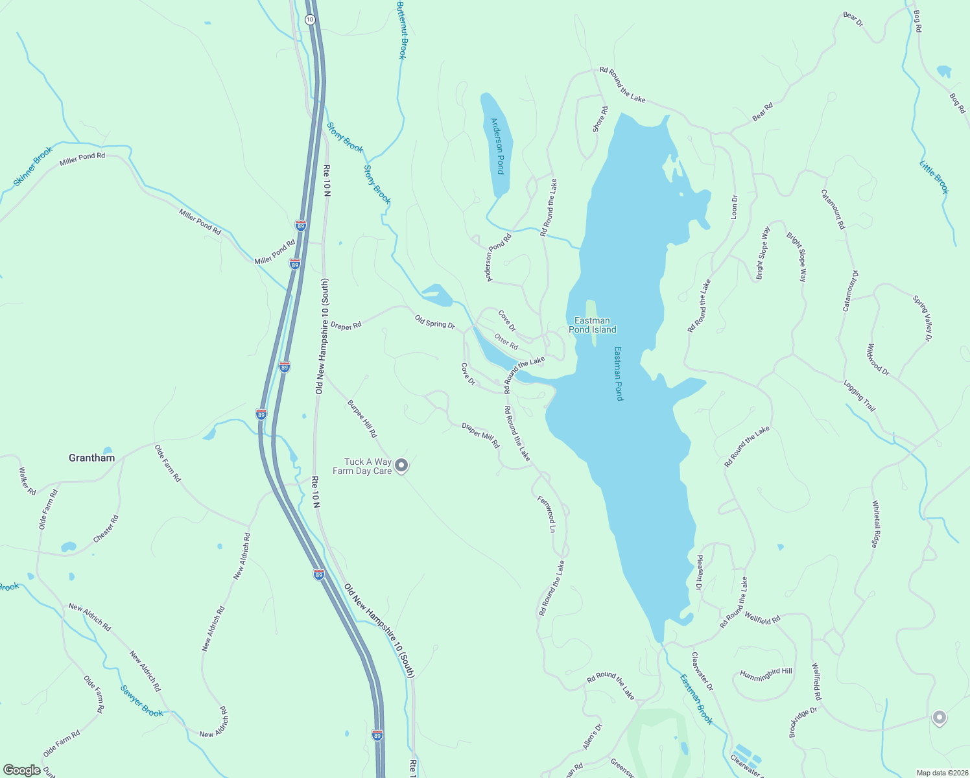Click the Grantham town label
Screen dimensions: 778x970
(91, 458)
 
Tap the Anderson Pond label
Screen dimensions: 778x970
(497, 146)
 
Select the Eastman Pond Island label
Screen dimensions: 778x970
(592, 325)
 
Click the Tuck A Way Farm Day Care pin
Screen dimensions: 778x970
(401, 465)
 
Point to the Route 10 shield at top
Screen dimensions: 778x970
(310, 19)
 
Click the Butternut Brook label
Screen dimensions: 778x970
(401, 30)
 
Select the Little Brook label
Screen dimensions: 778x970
(934, 176)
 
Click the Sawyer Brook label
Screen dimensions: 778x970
(142, 701)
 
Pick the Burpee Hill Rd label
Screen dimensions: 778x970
(362, 418)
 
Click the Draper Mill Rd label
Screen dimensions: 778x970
(480, 435)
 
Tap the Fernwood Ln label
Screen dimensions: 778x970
(547, 514)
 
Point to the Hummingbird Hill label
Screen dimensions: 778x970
(766, 674)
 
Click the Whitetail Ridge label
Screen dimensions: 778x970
(875, 524)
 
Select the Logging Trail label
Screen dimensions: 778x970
(859, 395)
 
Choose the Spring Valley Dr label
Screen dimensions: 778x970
(922, 318)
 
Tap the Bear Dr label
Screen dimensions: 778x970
(853, 19)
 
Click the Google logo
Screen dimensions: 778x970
(22, 770)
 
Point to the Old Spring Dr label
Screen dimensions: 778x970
(435, 321)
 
